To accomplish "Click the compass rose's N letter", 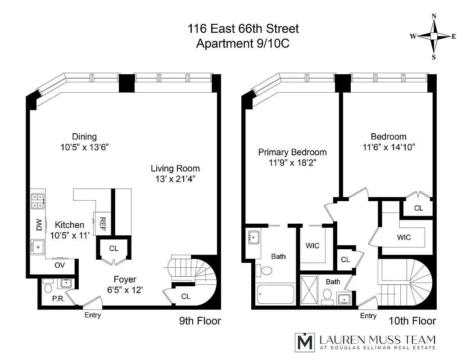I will tap(434, 16).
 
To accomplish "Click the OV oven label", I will tap(60, 265).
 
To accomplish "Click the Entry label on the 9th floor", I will tap(93, 315).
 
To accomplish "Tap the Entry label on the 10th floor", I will tap(368, 316).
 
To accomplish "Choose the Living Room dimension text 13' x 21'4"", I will tap(175, 179).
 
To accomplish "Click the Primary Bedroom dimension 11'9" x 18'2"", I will tap(292, 162).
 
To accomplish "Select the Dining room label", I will tap(84, 136).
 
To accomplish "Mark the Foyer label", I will tap(125, 279).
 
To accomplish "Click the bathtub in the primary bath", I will tap(276, 295).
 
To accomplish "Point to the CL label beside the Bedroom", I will tap(419, 208).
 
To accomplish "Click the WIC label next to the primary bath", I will tap(312, 246).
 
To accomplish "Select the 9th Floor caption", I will tap(200, 321).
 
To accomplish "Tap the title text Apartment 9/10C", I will tap(243, 44).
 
